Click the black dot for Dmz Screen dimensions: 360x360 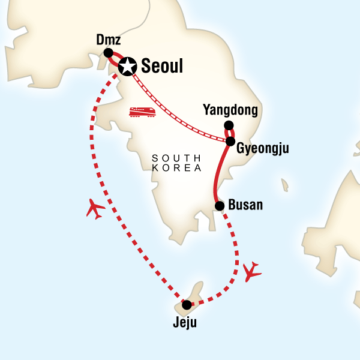click(x=109, y=53)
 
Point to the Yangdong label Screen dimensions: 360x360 click(x=230, y=110)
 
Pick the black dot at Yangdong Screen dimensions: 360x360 click(x=229, y=125)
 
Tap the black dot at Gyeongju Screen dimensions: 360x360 click(x=230, y=142)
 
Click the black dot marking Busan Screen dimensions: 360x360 click(x=220, y=206)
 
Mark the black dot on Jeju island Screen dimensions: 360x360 click(x=187, y=305)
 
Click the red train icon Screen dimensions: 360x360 click(x=143, y=112)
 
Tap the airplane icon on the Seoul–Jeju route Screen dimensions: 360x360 click(x=95, y=209)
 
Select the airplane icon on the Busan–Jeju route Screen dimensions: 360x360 click(x=253, y=271)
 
